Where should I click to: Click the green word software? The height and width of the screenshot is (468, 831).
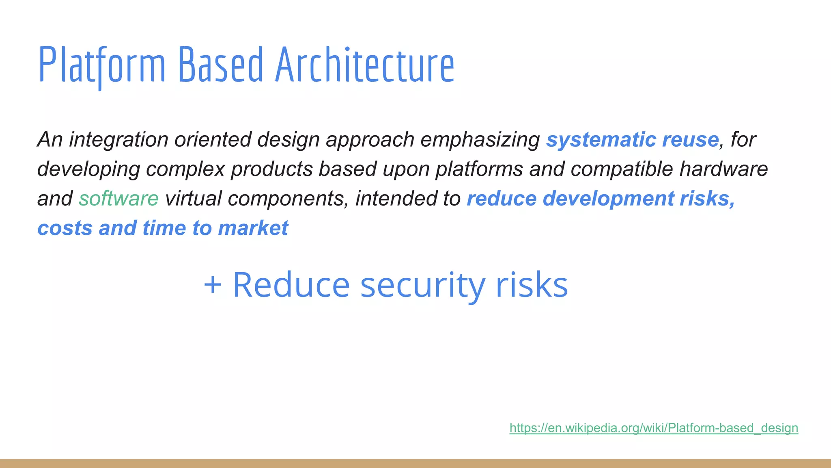click(118, 199)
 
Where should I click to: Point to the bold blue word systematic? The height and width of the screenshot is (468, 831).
click(601, 140)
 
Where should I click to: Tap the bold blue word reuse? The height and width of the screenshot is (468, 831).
click(690, 140)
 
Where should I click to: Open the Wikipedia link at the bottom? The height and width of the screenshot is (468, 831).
click(653, 428)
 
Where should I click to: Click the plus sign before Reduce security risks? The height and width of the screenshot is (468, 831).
click(213, 285)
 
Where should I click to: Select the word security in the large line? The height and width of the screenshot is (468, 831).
click(422, 285)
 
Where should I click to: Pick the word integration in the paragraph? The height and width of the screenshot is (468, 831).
click(118, 140)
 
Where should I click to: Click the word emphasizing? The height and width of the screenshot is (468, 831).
click(480, 140)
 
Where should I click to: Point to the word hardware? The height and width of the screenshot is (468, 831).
click(723, 169)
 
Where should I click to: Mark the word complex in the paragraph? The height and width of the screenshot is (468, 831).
click(185, 169)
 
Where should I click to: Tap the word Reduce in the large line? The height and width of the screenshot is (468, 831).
click(291, 285)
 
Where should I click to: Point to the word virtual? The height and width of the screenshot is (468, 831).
click(193, 199)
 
